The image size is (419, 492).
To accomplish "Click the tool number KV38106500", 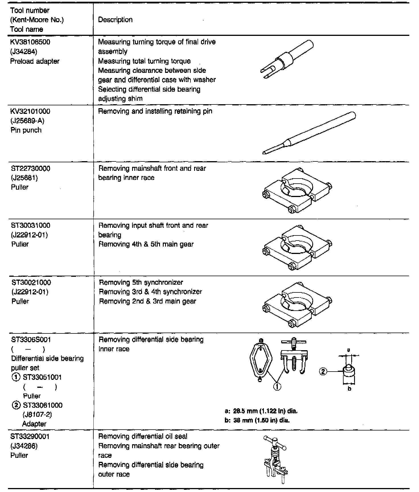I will (x=30, y=42).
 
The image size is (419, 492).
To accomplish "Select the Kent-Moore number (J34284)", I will (x=24, y=52).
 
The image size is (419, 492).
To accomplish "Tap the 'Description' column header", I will (x=115, y=20).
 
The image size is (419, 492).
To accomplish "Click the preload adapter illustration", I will (x=287, y=59).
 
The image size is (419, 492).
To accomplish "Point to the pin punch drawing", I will (x=309, y=132).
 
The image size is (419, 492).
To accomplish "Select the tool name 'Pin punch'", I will (x=26, y=130).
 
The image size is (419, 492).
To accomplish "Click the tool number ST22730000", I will (x=31, y=169).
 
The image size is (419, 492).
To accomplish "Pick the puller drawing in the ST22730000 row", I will (x=297, y=190).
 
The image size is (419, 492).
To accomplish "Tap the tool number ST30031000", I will (x=31, y=225).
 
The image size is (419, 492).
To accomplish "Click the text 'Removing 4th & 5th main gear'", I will (x=146, y=244).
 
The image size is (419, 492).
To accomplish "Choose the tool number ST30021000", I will (x=31, y=282).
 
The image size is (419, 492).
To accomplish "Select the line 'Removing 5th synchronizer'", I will (x=141, y=282).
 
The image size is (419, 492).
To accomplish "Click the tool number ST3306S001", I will (x=31, y=339).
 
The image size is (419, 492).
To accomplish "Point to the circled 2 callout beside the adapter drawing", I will (x=323, y=371).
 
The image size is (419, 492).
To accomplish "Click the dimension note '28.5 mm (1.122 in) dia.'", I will (x=265, y=411).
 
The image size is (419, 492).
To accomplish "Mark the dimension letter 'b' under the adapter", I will (x=349, y=389).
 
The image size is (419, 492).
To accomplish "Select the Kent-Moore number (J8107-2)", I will (x=37, y=415).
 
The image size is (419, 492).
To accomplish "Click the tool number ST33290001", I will (x=30, y=436).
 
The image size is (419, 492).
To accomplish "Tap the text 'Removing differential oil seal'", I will (x=143, y=436).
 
